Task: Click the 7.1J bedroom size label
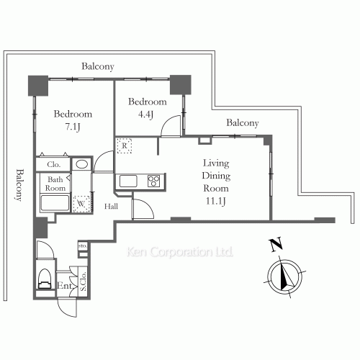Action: click(73, 127)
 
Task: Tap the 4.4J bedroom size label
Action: click(145, 114)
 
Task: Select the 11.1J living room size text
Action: click(215, 201)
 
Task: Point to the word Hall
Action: click(111, 206)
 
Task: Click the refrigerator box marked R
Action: click(124, 145)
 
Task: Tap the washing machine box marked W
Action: click(81, 204)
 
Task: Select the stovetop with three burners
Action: click(153, 181)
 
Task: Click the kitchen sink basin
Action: click(128, 181)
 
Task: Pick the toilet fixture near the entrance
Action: click(45, 279)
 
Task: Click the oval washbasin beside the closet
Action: click(81, 164)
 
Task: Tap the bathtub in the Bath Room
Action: click(55, 203)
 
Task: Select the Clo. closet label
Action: click(53, 165)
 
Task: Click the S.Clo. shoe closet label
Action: click(83, 282)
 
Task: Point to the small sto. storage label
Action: click(83, 246)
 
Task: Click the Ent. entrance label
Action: click(65, 286)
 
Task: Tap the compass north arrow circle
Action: click(284, 276)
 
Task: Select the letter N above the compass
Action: click(276, 245)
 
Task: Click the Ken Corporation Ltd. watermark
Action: click(180, 252)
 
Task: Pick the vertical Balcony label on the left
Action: click(20, 185)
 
